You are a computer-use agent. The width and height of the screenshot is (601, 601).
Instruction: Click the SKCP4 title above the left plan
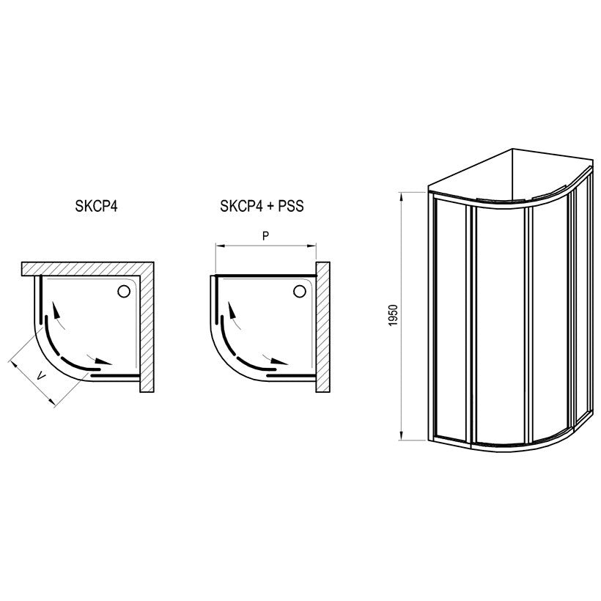[96, 206]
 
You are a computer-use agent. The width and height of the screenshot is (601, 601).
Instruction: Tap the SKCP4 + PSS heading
[262, 206]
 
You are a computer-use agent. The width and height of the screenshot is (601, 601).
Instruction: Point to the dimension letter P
[265, 236]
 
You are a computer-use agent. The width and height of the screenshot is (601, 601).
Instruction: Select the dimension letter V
[40, 376]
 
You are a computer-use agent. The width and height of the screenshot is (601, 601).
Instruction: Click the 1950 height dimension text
[394, 315]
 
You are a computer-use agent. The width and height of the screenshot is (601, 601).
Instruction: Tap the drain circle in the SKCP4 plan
[123, 291]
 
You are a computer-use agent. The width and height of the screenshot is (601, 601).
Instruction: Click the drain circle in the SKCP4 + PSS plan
[299, 291]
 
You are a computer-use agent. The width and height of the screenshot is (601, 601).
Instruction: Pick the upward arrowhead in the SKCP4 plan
[56, 310]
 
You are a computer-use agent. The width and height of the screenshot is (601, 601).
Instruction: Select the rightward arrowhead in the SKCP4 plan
[103, 361]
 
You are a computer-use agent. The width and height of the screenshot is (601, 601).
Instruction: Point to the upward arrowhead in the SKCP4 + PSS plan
[232, 310]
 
